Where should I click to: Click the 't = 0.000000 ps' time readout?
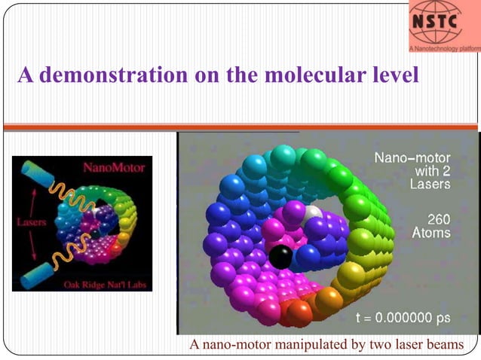[403, 318]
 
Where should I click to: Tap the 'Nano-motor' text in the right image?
[412, 158]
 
